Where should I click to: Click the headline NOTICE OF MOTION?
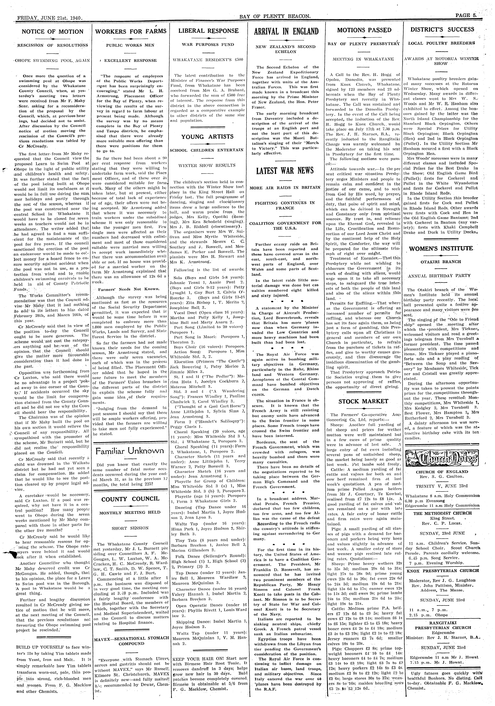(x=52, y=32)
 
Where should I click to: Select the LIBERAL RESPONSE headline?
(x=208, y=31)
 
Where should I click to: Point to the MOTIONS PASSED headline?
(x=364, y=30)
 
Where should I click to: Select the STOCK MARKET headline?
(x=363, y=401)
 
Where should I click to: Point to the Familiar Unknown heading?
(x=129, y=451)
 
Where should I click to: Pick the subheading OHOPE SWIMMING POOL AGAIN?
(x=52, y=61)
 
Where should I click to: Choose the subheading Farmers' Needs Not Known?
(x=129, y=289)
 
